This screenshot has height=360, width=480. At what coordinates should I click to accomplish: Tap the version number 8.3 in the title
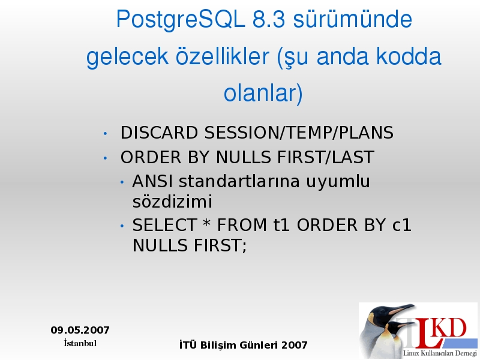[269, 19]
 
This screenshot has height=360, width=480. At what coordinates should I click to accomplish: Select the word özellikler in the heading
[222, 56]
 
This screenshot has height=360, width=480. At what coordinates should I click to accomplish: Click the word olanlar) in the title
[263, 93]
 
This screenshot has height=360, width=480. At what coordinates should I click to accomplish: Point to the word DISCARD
[159, 133]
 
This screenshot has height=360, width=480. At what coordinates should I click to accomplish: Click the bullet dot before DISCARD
[106, 133]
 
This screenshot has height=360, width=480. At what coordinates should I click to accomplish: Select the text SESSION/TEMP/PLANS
[299, 133]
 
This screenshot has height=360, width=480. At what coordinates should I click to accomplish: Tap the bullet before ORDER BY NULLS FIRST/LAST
[106, 158]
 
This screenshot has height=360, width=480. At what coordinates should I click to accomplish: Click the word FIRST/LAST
[326, 157]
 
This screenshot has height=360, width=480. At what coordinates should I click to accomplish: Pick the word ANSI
[152, 181]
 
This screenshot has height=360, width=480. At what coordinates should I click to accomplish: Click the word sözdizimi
[172, 202]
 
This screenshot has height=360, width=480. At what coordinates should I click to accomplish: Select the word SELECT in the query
[164, 226]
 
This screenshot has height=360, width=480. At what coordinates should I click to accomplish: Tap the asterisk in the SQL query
[207, 223]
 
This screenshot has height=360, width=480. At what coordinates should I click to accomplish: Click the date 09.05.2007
[80, 330]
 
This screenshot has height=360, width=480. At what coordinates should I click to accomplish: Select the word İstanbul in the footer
[80, 343]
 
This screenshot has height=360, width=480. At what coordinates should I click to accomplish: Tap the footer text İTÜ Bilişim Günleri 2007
[244, 345]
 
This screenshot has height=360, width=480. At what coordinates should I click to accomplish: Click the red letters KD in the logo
[450, 328]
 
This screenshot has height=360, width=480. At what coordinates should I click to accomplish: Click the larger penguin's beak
[401, 309]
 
